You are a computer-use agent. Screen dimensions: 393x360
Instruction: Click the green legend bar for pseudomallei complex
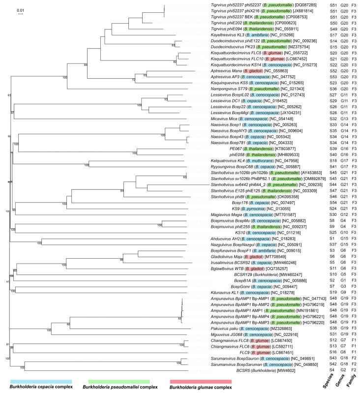click(119, 381)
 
